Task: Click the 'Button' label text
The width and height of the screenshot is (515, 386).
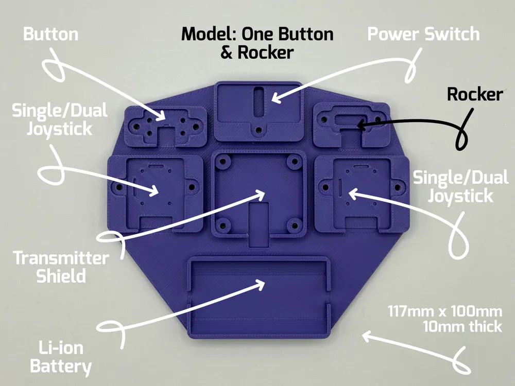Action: [51, 34]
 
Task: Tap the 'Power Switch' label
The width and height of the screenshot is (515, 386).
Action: [423, 34]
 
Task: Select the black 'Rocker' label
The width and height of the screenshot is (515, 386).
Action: [475, 94]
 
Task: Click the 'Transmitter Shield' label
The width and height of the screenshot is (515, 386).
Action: [61, 267]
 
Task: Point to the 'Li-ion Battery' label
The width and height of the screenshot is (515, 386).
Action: [61, 357]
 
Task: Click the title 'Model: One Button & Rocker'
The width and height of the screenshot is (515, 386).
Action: [257, 43]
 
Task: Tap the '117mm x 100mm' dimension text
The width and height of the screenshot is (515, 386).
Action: [445, 311]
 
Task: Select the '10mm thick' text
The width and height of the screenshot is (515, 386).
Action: [462, 327]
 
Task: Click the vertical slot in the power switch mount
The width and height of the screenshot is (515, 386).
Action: [259, 101]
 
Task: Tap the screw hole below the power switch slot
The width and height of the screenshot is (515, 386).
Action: [259, 131]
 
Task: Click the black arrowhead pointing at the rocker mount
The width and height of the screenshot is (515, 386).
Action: [362, 125]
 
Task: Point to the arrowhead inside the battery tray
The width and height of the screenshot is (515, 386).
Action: [260, 284]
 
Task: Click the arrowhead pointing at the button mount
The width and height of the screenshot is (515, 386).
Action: [161, 115]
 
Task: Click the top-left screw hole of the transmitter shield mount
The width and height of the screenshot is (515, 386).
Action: [223, 162]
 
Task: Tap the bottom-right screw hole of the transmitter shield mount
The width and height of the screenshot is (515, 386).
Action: [295, 226]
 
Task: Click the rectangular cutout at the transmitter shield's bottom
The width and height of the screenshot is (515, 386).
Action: [259, 224]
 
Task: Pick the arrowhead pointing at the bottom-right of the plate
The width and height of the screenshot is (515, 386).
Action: [368, 337]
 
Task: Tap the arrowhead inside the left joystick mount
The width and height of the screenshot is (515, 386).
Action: [154, 191]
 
